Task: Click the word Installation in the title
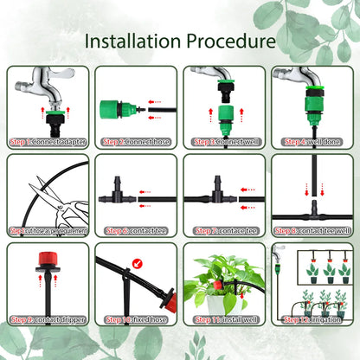pyautogui.click(x=134, y=42)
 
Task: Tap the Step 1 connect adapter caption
pyautogui.click(x=47, y=142)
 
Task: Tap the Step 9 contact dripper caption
pyautogui.click(x=47, y=319)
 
